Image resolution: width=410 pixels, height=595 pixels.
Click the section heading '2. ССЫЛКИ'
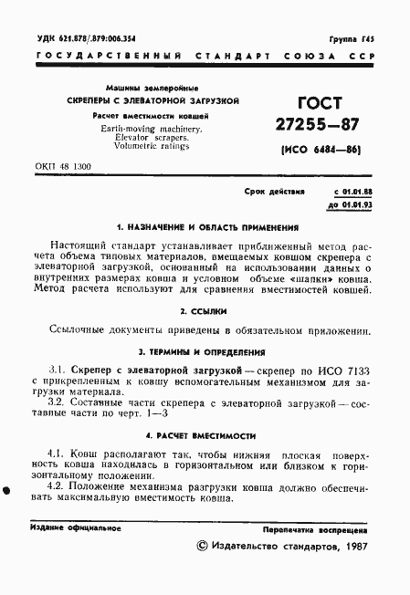[203, 311]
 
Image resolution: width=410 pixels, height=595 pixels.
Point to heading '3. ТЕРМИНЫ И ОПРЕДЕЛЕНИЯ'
[202, 351]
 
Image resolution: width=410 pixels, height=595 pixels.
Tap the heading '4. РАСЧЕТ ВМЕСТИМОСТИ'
[203, 436]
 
